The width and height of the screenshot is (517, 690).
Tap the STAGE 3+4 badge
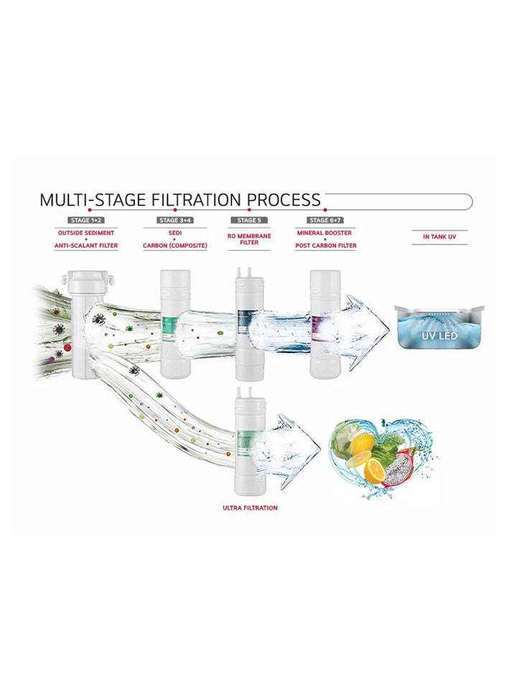[175, 220]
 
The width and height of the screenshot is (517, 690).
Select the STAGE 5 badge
[249, 220]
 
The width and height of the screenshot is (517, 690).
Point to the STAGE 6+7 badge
[325, 220]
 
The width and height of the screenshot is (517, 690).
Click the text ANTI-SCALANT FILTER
[86, 246]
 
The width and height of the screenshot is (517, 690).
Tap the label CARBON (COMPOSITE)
[175, 246]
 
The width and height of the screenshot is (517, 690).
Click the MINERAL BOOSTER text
[325, 233]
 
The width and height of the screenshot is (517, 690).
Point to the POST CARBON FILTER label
[325, 246]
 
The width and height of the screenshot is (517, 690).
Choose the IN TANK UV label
[439, 236]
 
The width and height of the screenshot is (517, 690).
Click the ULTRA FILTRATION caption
[250, 508]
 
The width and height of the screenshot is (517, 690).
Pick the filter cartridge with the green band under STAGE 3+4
[175, 323]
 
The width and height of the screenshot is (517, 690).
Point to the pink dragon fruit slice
[401, 465]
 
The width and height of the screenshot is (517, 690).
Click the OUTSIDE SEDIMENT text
[86, 233]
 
